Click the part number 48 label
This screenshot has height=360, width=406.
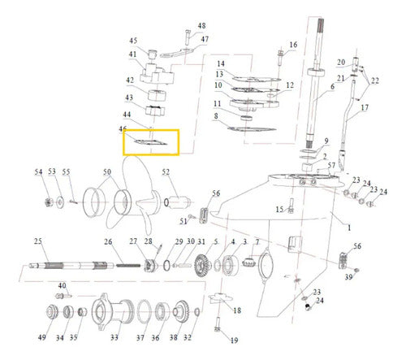click(x=201, y=26)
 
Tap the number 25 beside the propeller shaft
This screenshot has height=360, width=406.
click(x=38, y=241)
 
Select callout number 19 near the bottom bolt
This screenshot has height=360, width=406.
click(x=234, y=340)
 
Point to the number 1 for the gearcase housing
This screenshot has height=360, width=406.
click(x=349, y=228)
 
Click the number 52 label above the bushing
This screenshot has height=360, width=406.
click(x=166, y=172)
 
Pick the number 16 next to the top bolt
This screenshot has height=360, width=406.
click(x=293, y=45)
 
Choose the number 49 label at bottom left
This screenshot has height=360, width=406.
click(x=41, y=337)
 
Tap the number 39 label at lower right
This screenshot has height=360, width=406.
click(x=348, y=277)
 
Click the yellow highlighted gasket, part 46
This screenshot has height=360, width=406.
click(x=151, y=142)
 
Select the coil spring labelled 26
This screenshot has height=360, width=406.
click(x=128, y=265)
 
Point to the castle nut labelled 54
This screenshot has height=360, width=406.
click(x=49, y=202)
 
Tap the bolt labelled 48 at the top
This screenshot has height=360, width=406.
click(x=188, y=37)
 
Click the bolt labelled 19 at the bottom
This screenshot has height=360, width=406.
click(x=217, y=324)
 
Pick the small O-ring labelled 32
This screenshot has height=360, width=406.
click(x=197, y=312)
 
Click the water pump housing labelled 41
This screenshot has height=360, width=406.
click(x=157, y=74)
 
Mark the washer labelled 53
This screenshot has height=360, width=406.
click(x=60, y=202)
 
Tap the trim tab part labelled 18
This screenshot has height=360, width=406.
click(x=220, y=297)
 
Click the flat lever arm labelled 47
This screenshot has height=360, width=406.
click(x=178, y=53)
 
